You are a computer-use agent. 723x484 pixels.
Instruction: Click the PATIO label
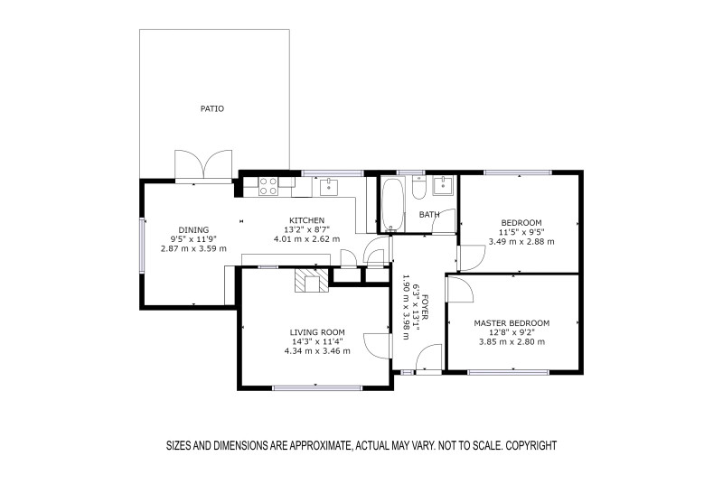(212, 108)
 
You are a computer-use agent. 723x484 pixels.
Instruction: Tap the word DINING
(193, 229)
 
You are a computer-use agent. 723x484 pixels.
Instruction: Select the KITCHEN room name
(306, 220)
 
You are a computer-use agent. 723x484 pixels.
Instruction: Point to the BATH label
(428, 215)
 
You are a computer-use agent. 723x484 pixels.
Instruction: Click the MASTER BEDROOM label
(512, 323)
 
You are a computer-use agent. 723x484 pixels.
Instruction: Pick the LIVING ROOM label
(317, 332)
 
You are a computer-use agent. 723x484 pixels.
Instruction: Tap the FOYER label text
(425, 308)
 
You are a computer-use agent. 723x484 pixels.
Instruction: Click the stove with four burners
(268, 186)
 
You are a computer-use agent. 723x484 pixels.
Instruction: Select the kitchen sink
(328, 186)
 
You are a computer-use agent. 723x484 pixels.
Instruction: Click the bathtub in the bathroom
(392, 204)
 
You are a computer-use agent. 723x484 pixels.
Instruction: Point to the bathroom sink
(444, 186)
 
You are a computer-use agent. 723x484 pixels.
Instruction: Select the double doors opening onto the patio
(203, 166)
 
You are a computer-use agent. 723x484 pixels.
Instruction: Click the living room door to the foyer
(378, 345)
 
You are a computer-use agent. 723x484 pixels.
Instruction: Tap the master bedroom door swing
(459, 289)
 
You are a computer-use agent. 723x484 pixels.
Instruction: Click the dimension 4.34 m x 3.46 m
(317, 351)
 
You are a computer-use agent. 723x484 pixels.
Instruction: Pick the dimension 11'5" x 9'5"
(521, 233)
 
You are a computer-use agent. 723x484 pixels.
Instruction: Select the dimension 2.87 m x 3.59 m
(193, 248)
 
